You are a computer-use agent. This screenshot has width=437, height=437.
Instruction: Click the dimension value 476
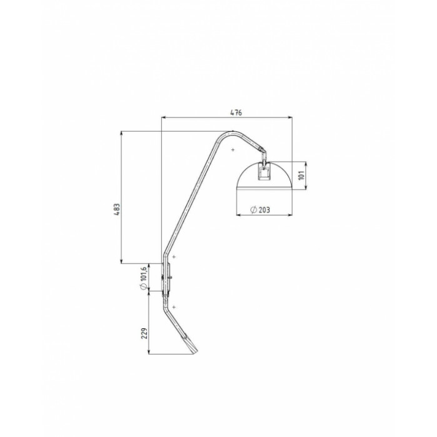pyautogui.click(x=236, y=112)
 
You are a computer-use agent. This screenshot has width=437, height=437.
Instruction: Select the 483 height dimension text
pyautogui.click(x=117, y=209)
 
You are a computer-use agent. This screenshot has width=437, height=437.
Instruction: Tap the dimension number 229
pyautogui.click(x=144, y=333)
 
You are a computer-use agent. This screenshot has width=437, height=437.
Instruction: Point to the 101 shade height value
pyautogui.click(x=302, y=175)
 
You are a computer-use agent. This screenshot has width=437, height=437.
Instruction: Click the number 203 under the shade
pyautogui.click(x=264, y=210)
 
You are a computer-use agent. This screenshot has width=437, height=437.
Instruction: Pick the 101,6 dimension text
pyautogui.click(x=144, y=273)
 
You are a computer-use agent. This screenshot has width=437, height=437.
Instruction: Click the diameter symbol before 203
pyautogui.click(x=253, y=210)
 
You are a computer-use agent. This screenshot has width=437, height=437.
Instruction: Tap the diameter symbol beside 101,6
pyautogui.click(x=144, y=287)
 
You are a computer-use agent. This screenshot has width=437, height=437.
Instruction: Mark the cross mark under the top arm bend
pyautogui.click(x=233, y=150)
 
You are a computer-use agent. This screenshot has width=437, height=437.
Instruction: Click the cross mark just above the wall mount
pyautogui.click(x=174, y=257)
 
